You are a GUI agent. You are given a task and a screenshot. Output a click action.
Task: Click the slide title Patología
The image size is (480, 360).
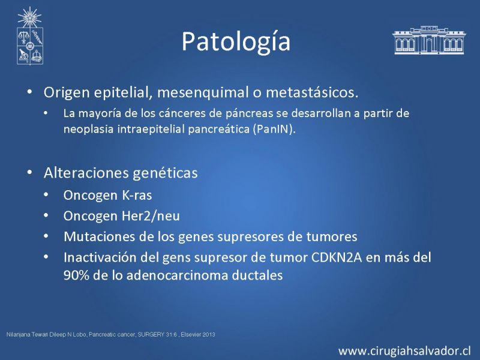[x=236, y=42]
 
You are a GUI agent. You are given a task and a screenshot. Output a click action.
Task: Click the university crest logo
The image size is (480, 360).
[x=29, y=36]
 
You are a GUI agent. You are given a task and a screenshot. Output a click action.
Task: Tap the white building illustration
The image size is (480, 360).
[x=429, y=40]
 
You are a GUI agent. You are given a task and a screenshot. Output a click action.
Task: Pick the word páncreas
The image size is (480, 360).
[x=249, y=113]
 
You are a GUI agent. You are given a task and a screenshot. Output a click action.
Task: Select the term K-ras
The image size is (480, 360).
[x=137, y=195]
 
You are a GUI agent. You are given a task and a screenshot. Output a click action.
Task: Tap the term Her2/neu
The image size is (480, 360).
[x=151, y=216]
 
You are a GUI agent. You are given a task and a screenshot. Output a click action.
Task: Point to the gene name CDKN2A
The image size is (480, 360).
[x=337, y=257]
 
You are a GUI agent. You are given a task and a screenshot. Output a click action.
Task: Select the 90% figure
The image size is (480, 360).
[x=76, y=275]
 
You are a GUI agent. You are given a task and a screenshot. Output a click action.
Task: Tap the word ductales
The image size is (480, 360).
[x=257, y=275]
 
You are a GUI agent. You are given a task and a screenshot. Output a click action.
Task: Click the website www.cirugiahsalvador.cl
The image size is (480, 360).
[x=404, y=351]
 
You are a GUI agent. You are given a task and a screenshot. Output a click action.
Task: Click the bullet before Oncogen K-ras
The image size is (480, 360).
[x=46, y=194]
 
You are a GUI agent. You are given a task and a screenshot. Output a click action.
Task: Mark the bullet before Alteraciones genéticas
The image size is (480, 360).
[x=29, y=172]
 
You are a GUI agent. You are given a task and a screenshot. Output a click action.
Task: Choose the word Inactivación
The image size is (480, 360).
[x=100, y=257]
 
